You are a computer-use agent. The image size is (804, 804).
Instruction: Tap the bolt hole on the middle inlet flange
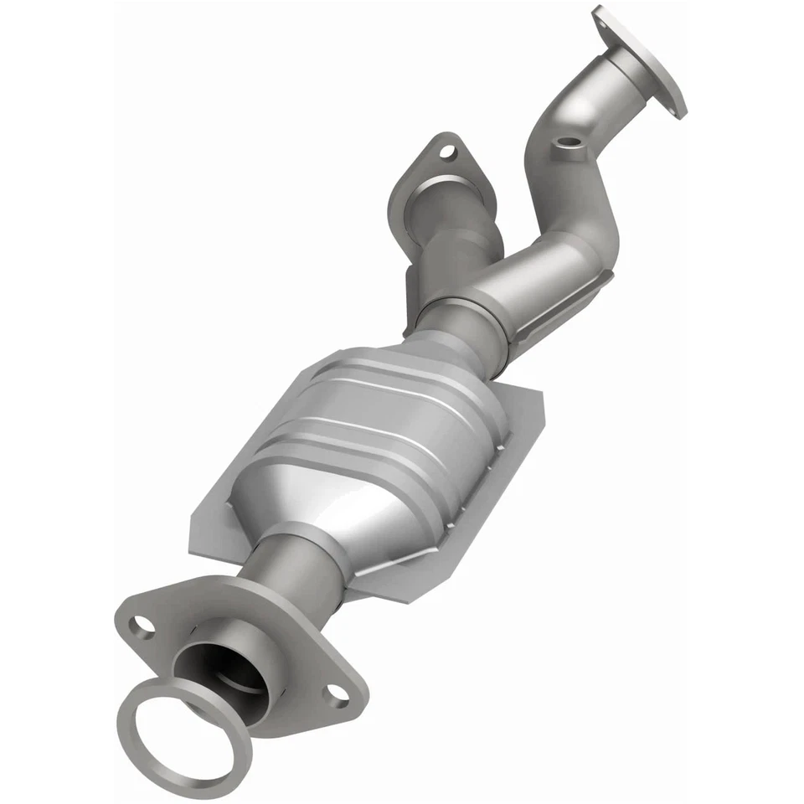(x=446, y=152)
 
